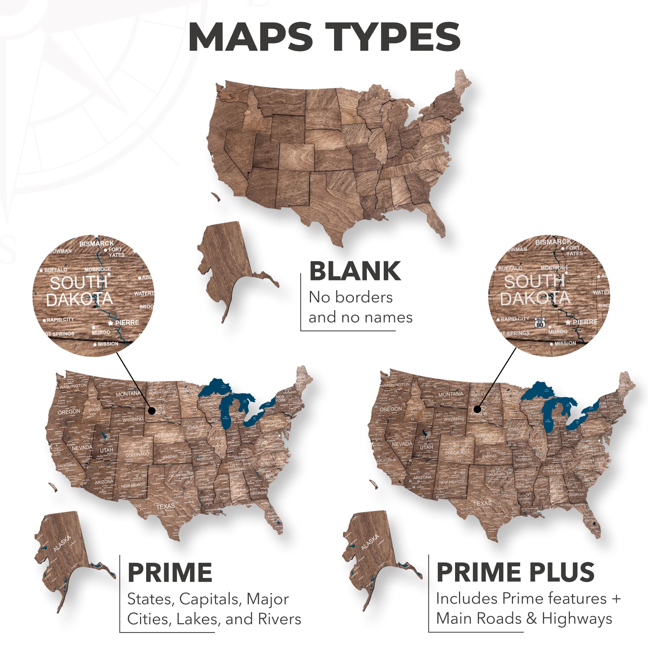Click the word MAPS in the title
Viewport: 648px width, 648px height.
(x=251, y=37)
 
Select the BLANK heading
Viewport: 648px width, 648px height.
(x=355, y=271)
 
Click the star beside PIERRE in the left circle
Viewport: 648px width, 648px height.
(x=111, y=323)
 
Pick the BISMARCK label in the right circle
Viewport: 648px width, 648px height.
(x=553, y=242)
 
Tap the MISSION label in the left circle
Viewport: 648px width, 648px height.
(x=108, y=344)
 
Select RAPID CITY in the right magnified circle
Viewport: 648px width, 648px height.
(x=514, y=319)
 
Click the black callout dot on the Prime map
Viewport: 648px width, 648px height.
(x=152, y=410)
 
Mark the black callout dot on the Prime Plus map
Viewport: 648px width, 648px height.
(x=477, y=409)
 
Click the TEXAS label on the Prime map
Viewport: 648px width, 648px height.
(x=165, y=507)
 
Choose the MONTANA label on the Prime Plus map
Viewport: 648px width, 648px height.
(x=450, y=394)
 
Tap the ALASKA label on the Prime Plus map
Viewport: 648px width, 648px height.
(x=370, y=542)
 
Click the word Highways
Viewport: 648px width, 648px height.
(x=577, y=618)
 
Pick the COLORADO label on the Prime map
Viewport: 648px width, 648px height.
(x=137, y=454)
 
